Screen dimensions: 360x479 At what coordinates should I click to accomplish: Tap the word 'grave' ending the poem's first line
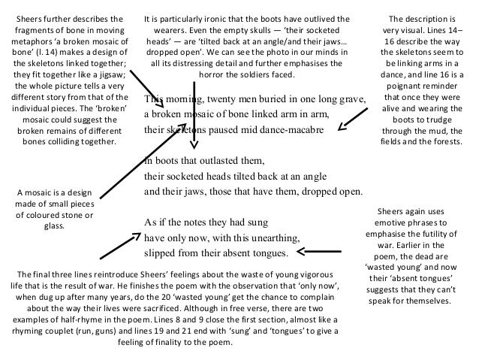coord(350,100)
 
